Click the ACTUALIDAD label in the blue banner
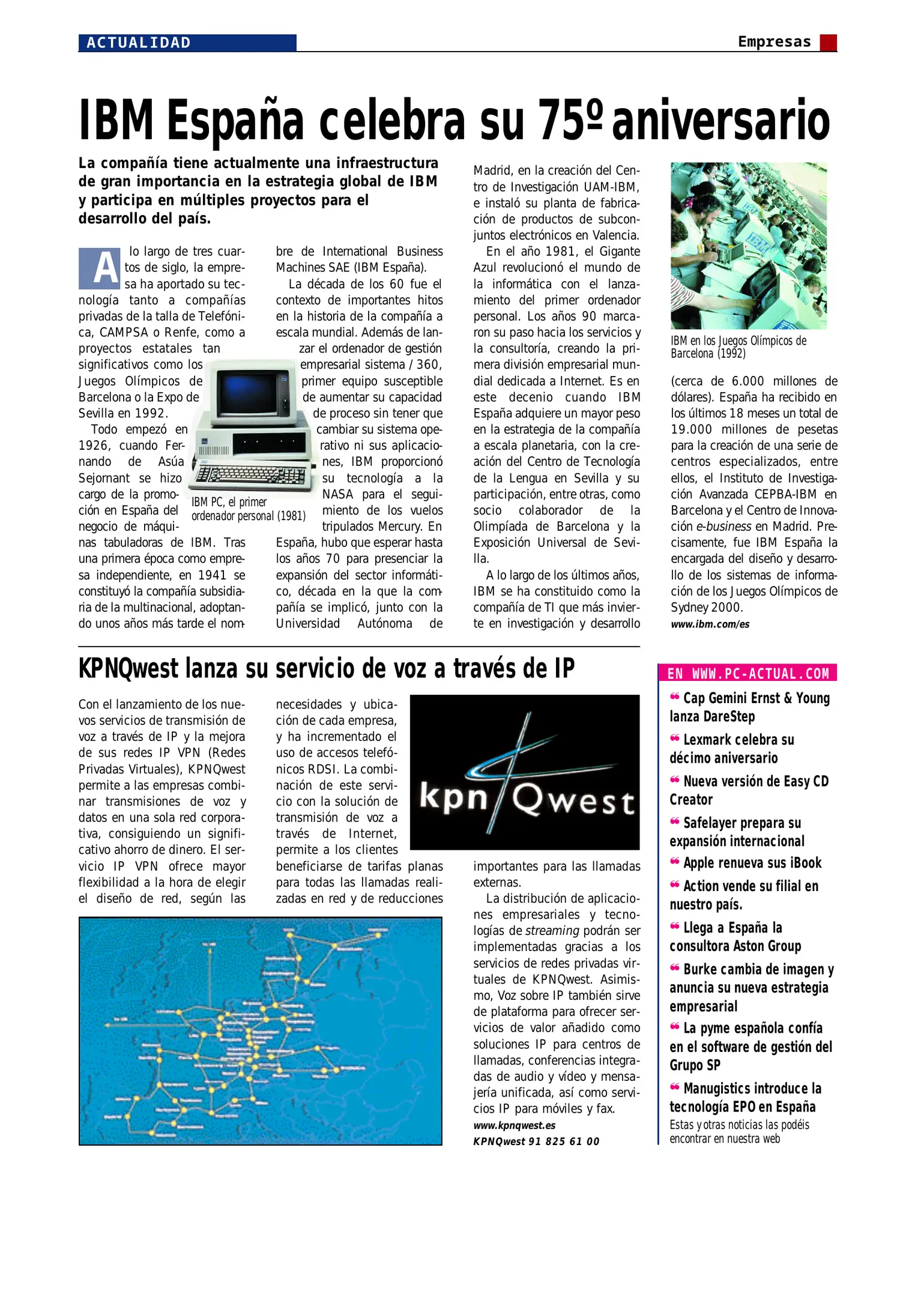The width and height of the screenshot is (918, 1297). pos(139,43)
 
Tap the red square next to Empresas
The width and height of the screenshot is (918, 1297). pos(829,43)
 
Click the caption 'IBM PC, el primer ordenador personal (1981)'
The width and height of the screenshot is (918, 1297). pos(248,509)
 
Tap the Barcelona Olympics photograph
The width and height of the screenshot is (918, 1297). pos(749,246)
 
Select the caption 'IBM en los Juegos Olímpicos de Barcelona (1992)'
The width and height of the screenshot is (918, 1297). pos(738,347)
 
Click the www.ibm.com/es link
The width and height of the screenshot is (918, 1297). pos(710,624)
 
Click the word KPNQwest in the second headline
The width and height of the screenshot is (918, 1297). pos(128,668)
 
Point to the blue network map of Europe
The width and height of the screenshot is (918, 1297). pos(260,1030)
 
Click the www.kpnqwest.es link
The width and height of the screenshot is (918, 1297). pos(514,1125)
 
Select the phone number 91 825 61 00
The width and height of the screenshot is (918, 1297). pos(564,1141)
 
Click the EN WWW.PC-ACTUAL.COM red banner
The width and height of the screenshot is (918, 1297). pos(747,673)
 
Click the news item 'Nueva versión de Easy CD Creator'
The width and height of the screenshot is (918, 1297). pos(749,790)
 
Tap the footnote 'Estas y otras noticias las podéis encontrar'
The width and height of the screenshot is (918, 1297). pos(739,1131)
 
